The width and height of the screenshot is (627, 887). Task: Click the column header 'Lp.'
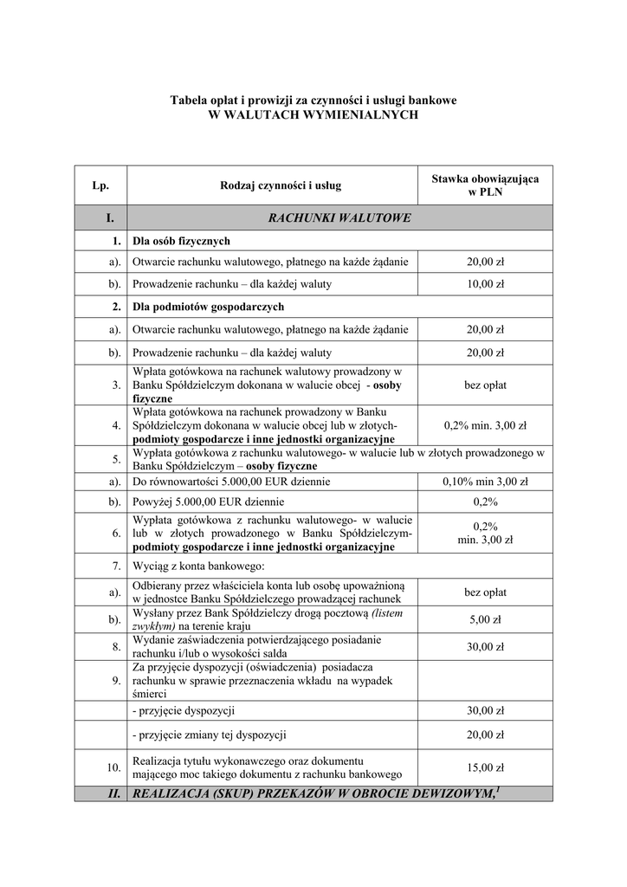coord(100,185)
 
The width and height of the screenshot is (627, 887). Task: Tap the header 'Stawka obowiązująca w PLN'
coord(485,185)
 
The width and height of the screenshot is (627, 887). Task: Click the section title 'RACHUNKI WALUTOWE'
coord(339,218)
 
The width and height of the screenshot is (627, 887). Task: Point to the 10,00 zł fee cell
coord(485,284)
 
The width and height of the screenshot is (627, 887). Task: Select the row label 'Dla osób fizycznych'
coord(181,241)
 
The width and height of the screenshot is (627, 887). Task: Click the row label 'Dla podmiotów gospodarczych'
coord(208,307)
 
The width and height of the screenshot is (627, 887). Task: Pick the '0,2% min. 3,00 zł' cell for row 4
coord(485,425)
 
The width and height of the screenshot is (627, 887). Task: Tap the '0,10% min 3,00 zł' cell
coord(485,482)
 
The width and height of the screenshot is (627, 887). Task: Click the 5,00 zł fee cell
coord(485,619)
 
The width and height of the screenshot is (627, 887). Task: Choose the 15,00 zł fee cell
coord(485,767)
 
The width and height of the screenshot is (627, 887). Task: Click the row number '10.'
coord(113,767)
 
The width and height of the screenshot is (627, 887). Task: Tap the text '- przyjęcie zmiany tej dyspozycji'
coord(209,735)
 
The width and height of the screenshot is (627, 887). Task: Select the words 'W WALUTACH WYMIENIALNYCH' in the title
coord(313,114)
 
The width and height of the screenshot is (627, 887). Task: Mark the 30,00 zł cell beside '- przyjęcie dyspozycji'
coord(485,710)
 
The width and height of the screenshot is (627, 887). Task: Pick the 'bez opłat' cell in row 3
coord(485,385)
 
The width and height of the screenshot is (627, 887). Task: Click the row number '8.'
coord(115,647)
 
